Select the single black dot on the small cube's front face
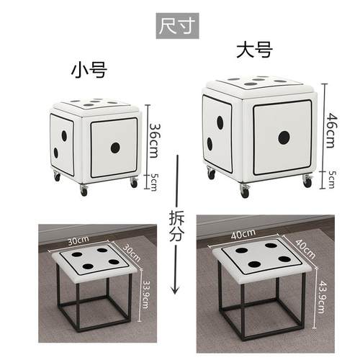click(115, 148)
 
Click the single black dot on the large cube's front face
click(283, 137)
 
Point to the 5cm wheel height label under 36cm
click(153, 181)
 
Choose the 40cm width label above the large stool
click(243, 233)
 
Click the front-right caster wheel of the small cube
click(134, 183)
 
